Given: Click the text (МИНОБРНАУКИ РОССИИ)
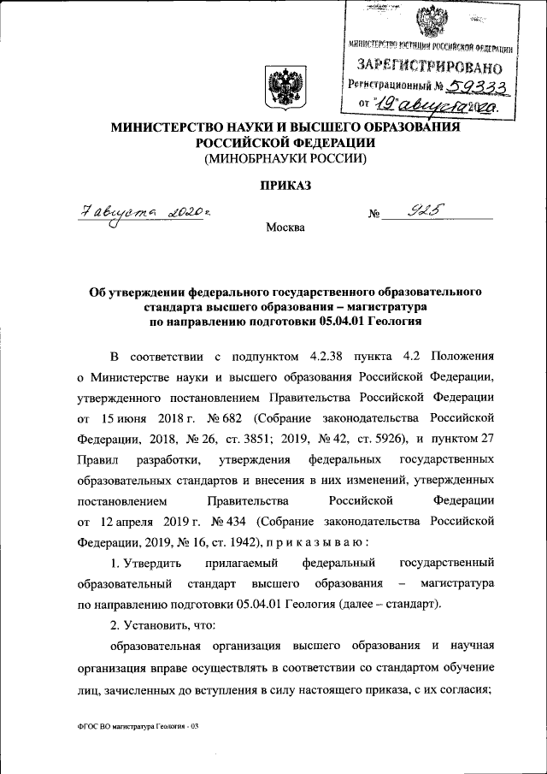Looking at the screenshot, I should click(x=284, y=159).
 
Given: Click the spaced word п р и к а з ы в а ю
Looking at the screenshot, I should click(x=317, y=541).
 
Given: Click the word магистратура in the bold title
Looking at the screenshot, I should click(x=391, y=305).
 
